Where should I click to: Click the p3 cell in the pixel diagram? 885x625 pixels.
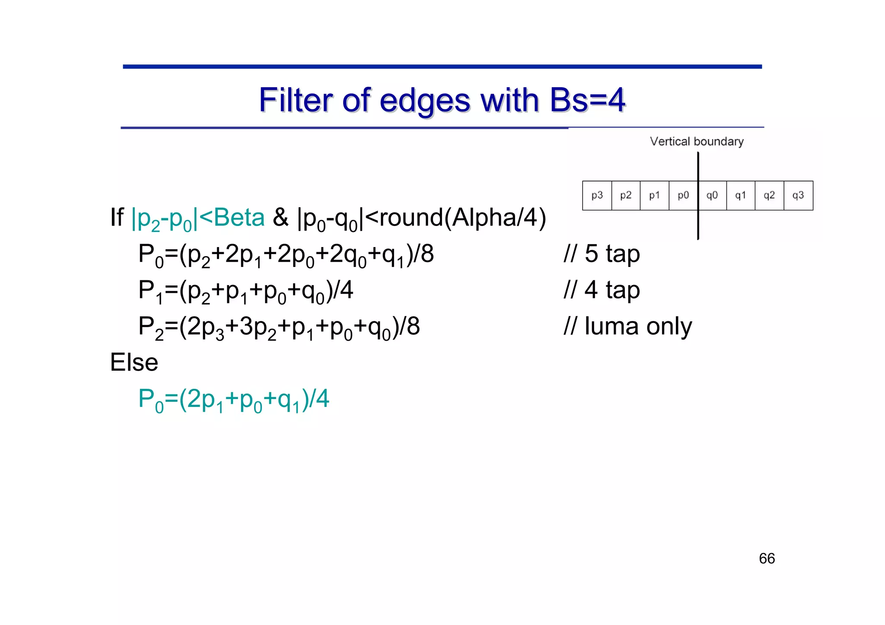[x=597, y=196]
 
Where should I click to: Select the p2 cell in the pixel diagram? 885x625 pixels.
[x=626, y=196]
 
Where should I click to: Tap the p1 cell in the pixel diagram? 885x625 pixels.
[x=654, y=196]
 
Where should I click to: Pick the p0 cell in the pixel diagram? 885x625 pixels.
[x=683, y=196]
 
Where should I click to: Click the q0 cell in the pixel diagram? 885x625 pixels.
[x=712, y=196]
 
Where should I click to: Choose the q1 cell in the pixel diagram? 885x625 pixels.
[x=741, y=196]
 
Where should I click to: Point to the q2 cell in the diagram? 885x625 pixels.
[x=769, y=196]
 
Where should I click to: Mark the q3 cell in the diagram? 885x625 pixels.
[x=798, y=196]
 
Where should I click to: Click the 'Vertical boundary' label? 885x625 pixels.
[x=697, y=142]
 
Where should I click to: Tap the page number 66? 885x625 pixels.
[x=767, y=558]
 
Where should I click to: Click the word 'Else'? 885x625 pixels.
[x=134, y=362]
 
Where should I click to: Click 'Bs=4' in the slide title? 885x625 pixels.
[x=587, y=100]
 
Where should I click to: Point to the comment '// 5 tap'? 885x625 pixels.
[x=602, y=254]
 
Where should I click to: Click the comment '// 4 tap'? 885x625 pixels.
[x=602, y=290]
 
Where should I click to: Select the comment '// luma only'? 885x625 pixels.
[x=627, y=326]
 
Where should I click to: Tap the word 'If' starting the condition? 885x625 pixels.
[x=117, y=217]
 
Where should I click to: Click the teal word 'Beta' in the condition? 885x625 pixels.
[x=239, y=217]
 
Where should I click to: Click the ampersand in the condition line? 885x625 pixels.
[x=280, y=217]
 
